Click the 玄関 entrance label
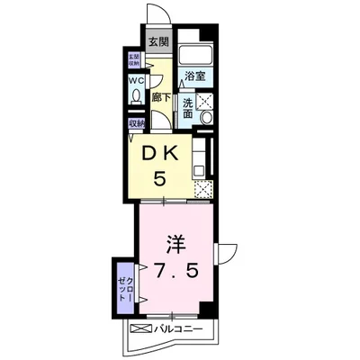pyautogui.click(x=158, y=42)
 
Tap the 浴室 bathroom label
pyautogui.click(x=193, y=75)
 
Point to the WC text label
pyautogui.click(x=136, y=81)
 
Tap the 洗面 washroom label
pyautogui.click(x=186, y=109)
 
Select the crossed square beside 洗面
pyautogui.click(x=206, y=102)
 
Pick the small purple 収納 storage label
pyautogui.click(x=136, y=124)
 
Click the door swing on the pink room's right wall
pyautogui.click(x=228, y=254)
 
